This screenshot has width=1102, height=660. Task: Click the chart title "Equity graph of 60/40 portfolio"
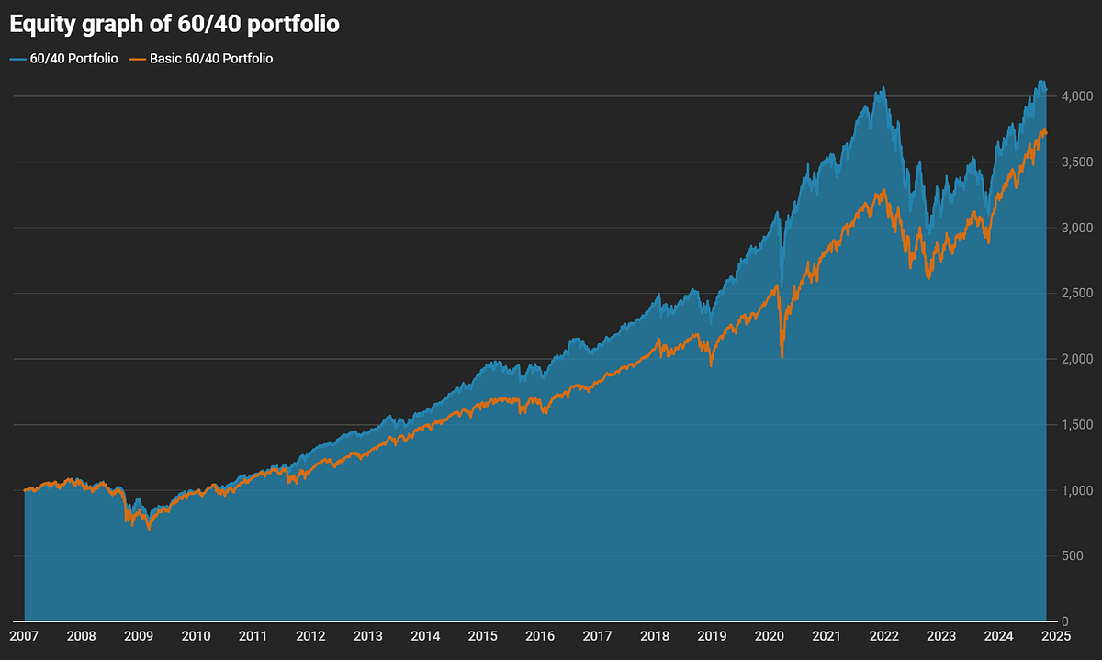174,25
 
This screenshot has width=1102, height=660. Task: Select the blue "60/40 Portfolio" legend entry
63,59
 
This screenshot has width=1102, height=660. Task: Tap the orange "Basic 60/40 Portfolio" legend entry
202,59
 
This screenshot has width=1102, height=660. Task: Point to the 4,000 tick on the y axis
1075,96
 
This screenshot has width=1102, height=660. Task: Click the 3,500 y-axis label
1075,162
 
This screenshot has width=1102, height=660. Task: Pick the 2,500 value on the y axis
1075,294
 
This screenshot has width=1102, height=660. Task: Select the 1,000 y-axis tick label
1075,491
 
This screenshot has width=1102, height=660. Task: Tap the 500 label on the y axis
1081,556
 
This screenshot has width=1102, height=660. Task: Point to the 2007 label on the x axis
24,635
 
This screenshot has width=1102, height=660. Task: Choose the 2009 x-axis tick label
139,635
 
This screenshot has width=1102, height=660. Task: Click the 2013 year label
367,635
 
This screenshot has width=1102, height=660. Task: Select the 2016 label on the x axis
540,635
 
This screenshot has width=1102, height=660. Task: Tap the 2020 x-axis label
769,635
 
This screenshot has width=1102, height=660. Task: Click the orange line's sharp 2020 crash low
782,357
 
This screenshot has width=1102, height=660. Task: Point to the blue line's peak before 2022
883,88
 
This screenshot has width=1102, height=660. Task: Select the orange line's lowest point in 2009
150,530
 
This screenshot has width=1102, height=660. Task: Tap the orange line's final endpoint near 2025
1046,133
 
